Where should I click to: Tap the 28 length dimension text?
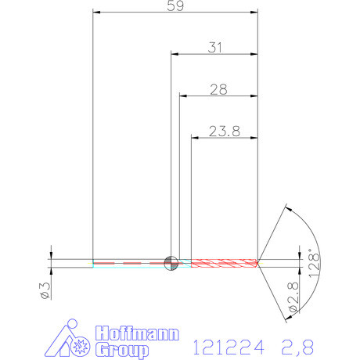(x=218, y=89)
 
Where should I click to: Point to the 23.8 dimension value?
(x=225, y=131)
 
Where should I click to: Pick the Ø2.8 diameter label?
(x=293, y=298)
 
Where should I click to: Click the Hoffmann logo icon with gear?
(x=74, y=340)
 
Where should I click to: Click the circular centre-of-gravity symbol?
(x=170, y=262)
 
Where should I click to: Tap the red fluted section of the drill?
(x=223, y=262)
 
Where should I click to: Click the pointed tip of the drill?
(x=259, y=262)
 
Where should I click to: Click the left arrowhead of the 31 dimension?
(x=175, y=54)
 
